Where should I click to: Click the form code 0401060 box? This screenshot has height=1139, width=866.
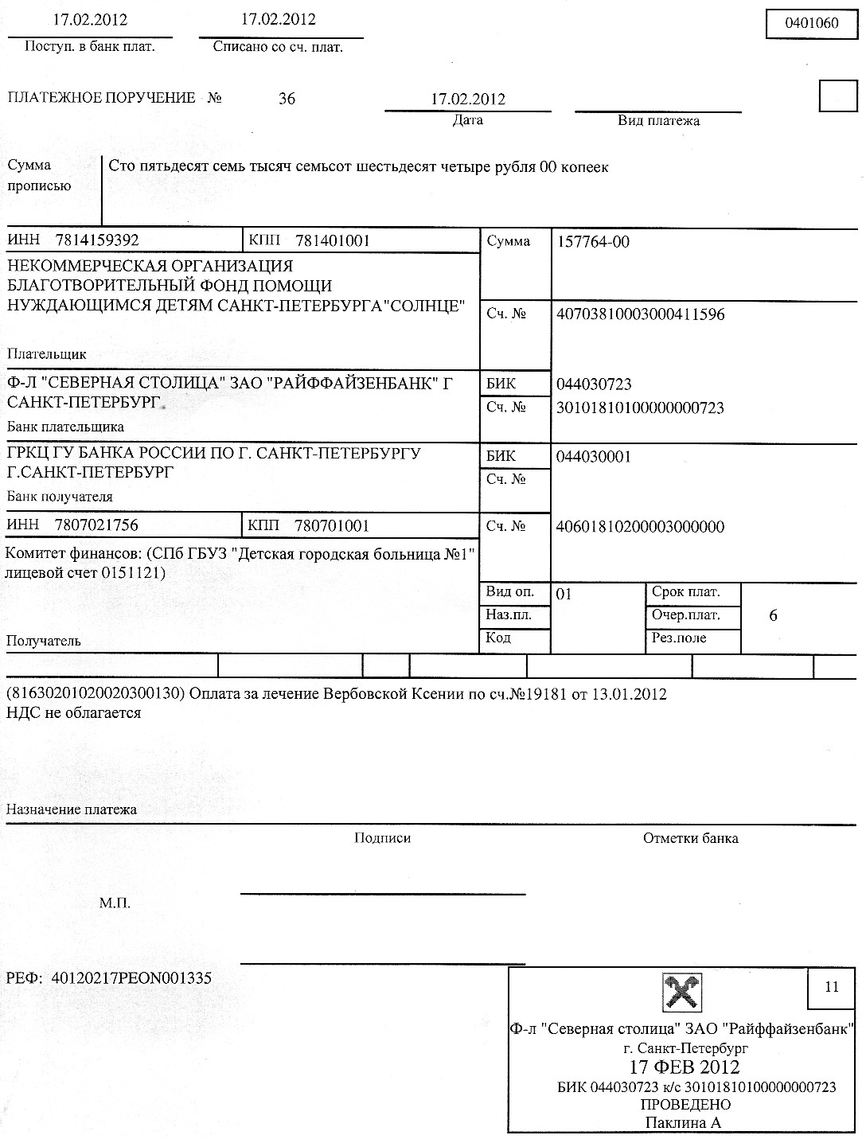click(x=812, y=22)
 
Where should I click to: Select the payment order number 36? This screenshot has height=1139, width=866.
click(x=287, y=99)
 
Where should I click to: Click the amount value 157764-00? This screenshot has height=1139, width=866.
click(x=593, y=242)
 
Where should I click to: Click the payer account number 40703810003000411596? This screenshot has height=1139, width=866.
click(x=640, y=314)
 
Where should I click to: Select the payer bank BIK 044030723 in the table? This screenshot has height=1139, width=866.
click(x=594, y=384)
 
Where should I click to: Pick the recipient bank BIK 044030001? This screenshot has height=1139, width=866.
click(x=594, y=457)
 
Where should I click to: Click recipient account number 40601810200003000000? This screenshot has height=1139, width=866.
click(x=640, y=527)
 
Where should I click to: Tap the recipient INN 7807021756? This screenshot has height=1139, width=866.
click(x=96, y=525)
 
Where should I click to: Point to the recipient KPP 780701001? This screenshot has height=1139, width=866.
click(x=331, y=525)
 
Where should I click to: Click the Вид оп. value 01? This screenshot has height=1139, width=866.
click(x=564, y=594)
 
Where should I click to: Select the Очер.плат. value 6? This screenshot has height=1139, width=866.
click(x=773, y=616)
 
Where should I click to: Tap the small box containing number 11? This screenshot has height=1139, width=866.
click(x=832, y=988)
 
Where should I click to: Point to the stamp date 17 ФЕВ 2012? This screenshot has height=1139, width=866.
click(x=685, y=1067)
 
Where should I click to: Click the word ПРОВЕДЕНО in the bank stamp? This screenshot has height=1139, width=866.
click(x=685, y=1105)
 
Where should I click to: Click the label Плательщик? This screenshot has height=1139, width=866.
click(x=46, y=354)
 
